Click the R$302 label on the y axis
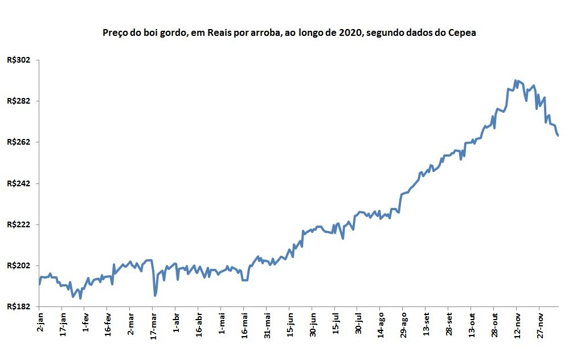(18, 60)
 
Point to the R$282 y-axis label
(18, 101)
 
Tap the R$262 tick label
(18, 142)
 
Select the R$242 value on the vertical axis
(18, 183)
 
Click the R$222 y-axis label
(18, 224)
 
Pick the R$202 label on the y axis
(18, 266)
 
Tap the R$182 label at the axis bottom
(18, 306)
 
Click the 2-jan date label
(40, 322)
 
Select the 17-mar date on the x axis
(153, 326)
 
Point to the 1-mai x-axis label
(222, 324)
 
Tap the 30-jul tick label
(358, 324)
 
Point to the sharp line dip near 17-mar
(155, 295)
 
